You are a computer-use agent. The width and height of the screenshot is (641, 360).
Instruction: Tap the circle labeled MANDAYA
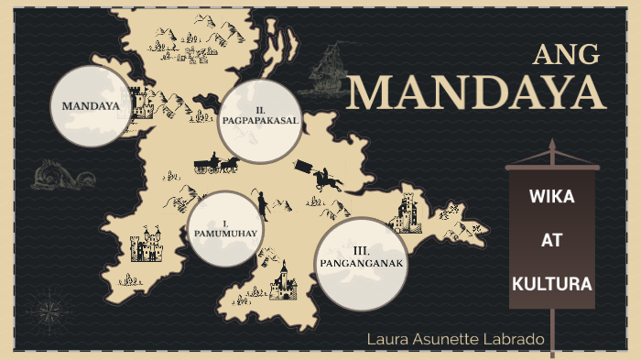pos(91,105)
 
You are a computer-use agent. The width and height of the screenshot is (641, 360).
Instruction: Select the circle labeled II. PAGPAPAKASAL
pos(261,121)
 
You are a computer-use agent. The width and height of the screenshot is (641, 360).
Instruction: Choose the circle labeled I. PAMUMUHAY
pos(224,229)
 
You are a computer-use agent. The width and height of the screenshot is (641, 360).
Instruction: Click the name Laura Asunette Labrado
pos(455,340)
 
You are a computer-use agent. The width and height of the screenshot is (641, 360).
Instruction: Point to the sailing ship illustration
pos(326,72)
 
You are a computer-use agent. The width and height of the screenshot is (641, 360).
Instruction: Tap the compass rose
pos(46,308)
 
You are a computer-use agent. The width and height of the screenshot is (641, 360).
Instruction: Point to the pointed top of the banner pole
pos(552,145)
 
